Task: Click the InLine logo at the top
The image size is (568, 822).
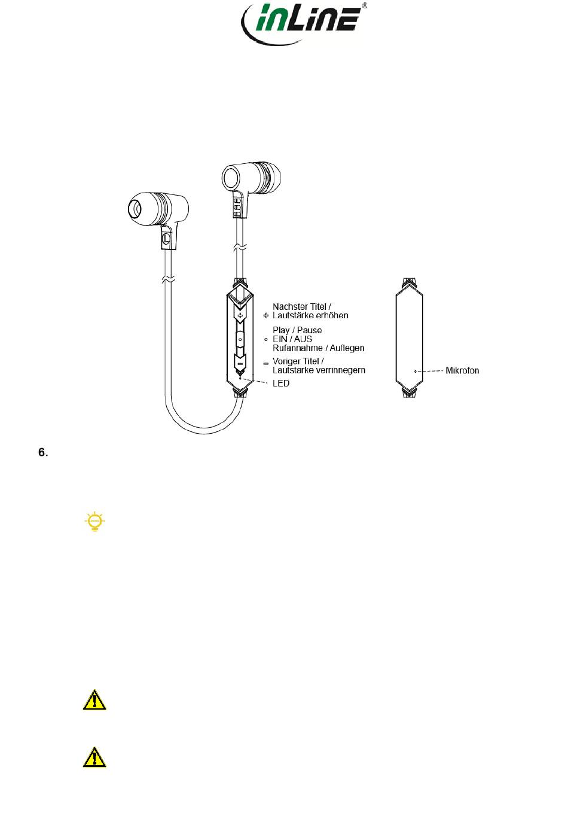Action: click(x=302, y=24)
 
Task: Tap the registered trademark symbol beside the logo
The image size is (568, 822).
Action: click(x=365, y=6)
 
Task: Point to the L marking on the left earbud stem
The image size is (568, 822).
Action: click(x=166, y=238)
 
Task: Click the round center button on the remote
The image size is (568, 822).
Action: click(x=240, y=339)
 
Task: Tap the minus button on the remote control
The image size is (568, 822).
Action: click(x=240, y=363)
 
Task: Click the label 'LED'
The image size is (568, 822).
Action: click(x=281, y=383)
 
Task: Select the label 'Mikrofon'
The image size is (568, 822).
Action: click(x=462, y=371)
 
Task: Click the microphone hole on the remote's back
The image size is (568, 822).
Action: click(x=415, y=371)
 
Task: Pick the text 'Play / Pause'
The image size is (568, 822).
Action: click(x=297, y=330)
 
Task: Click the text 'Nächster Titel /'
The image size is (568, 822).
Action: click(x=302, y=307)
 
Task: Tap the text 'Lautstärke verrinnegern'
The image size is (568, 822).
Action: click(x=319, y=370)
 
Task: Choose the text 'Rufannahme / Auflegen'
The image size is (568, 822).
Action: click(x=318, y=348)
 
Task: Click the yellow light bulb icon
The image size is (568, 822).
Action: click(x=94, y=522)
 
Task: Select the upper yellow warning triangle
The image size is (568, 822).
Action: click(x=94, y=700)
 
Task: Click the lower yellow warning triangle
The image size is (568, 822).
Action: click(x=94, y=757)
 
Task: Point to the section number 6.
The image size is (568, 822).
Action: click(x=43, y=452)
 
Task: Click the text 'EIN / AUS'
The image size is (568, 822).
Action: click(x=292, y=339)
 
